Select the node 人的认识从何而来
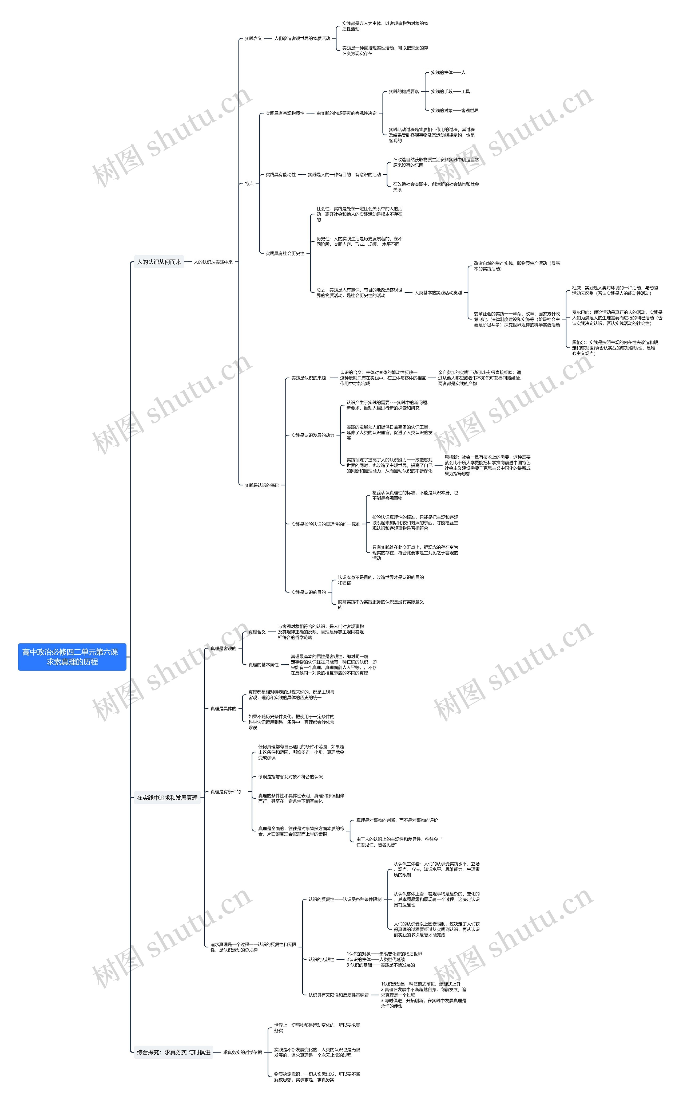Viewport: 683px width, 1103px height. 159,262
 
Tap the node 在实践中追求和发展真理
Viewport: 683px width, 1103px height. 167,798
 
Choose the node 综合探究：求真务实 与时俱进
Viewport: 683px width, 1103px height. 173,1052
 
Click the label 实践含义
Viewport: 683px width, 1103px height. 253,38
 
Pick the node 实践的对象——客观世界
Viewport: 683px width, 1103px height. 454,110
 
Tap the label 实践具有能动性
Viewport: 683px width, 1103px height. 280,175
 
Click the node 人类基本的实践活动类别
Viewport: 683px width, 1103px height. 438,292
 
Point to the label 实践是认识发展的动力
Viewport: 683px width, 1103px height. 313,435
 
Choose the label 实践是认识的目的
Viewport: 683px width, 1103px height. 308,592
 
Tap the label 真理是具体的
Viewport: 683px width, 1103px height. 223,708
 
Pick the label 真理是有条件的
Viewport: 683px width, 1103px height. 225,792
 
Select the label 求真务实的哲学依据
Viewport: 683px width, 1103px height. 243,1052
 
